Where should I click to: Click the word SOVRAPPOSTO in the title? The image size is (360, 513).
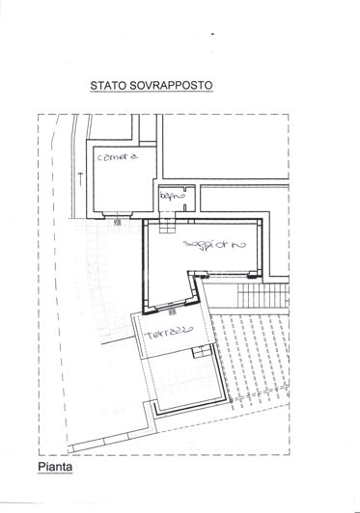click(x=175, y=85)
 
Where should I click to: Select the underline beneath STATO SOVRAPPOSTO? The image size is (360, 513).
click(x=152, y=93)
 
